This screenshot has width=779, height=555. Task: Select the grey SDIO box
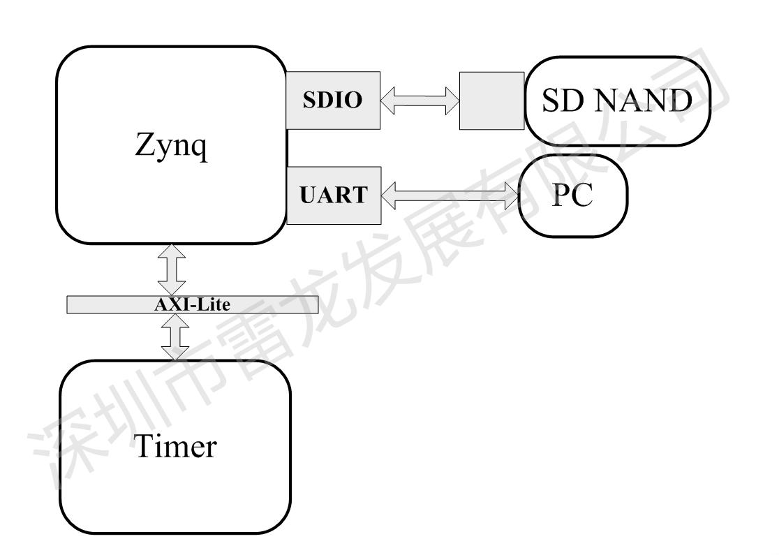pyautogui.click(x=332, y=101)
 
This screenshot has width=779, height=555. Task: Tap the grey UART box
pyautogui.click(x=332, y=195)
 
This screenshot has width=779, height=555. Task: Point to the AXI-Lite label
pyautogui.click(x=193, y=304)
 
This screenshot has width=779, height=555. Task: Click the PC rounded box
pyautogui.click(x=573, y=196)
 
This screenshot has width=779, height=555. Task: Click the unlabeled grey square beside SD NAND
pyautogui.click(x=491, y=101)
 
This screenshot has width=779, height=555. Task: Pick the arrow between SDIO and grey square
pyautogui.click(x=420, y=101)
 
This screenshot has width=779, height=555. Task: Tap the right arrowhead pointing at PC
pyautogui.click(x=513, y=196)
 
